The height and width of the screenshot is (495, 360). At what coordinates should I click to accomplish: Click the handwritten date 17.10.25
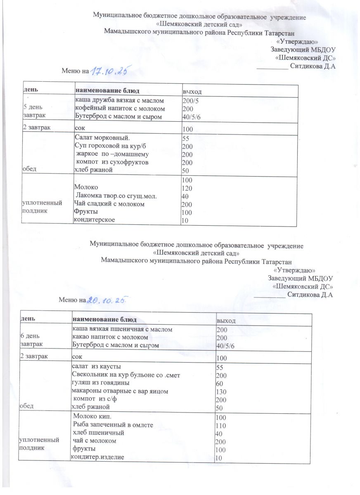tap(108, 71)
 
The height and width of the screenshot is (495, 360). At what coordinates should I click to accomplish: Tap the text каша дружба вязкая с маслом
tap(119, 101)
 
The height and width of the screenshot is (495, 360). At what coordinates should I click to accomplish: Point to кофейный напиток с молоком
tap(119, 108)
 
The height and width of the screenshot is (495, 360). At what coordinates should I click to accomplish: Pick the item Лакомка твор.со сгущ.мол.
tap(116, 196)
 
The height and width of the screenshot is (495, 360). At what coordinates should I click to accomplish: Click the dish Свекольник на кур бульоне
tap(126, 375)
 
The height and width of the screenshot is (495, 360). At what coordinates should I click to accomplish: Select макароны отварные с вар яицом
tap(120, 391)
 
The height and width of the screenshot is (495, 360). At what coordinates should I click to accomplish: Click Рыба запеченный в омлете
tap(113, 425)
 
